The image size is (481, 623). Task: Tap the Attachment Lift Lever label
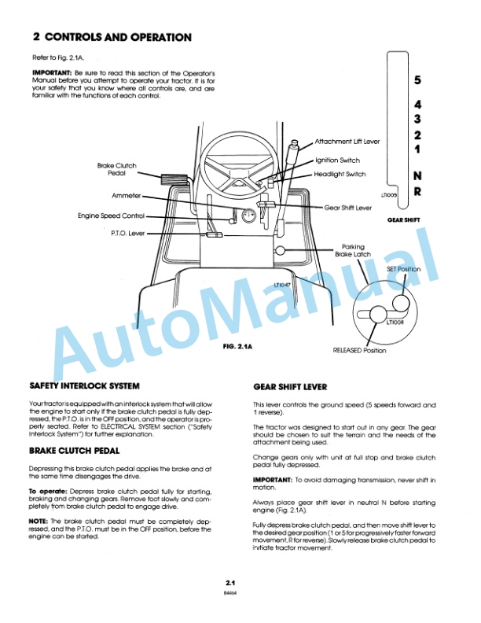click(347, 142)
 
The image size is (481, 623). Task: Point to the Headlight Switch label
click(340, 174)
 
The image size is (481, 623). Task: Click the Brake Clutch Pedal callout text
click(116, 170)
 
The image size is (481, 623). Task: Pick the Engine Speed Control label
click(111, 215)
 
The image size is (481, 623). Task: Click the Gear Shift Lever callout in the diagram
click(347, 208)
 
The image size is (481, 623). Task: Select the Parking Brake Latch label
click(353, 251)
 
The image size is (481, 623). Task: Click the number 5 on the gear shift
click(417, 80)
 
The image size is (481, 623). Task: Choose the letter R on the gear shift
click(417, 191)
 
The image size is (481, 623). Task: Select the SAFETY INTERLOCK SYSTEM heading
click(84, 386)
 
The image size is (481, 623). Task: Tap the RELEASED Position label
click(359, 350)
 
